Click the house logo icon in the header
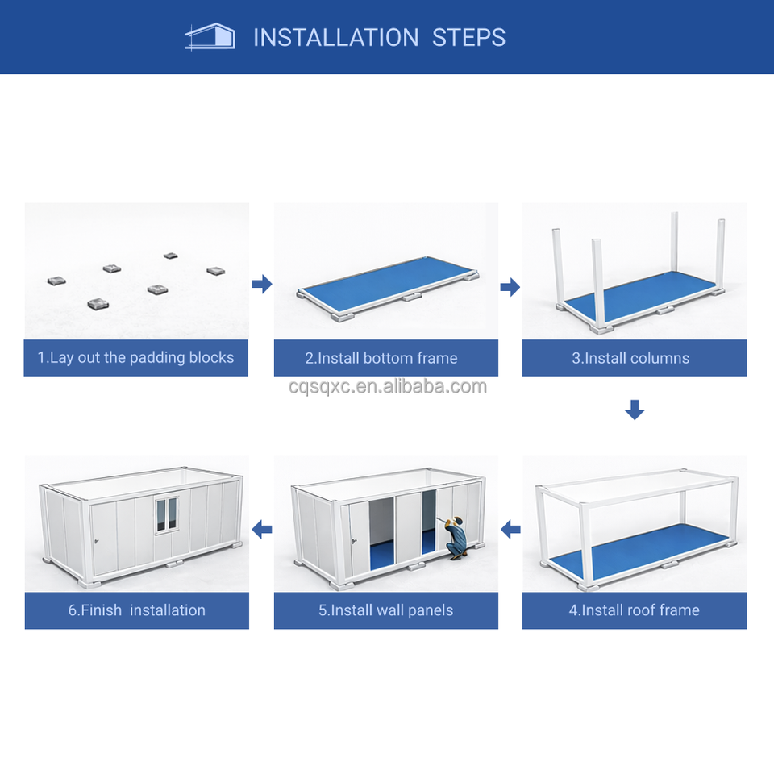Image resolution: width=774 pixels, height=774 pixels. point(210,36)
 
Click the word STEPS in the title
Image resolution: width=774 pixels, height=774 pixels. point(468,38)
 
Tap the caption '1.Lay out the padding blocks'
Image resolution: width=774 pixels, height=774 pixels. point(135,357)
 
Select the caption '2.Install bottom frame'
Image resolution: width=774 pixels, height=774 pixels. point(381,358)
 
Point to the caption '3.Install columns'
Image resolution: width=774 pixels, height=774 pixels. point(630,358)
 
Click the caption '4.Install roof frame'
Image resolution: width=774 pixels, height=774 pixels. point(635,610)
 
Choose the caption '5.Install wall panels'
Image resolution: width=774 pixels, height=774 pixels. point(385,610)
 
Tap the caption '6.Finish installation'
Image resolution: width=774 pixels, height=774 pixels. point(137,610)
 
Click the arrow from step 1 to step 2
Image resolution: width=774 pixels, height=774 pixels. point(262,284)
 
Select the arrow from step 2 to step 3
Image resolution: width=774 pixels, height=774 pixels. point(510,287)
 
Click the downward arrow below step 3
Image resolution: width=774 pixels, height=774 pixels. point(635,410)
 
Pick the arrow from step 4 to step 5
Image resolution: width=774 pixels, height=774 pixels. point(510,530)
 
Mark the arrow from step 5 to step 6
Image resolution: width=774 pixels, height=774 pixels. point(261,530)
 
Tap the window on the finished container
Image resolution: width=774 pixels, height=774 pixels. point(167,515)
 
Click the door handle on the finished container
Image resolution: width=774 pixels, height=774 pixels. point(97,542)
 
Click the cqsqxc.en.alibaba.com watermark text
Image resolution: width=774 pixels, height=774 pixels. point(388,386)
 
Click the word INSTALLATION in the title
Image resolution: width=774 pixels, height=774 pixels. point(335,38)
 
